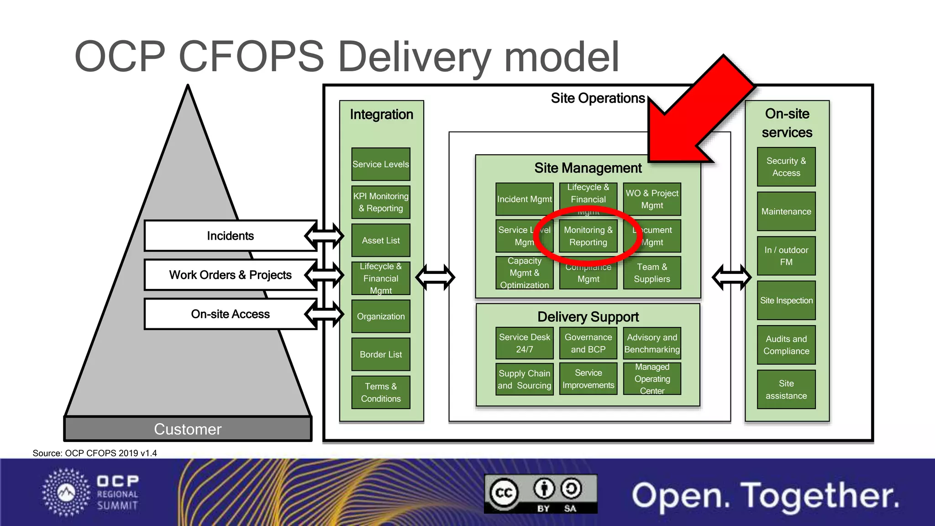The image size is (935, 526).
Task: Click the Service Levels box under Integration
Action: coord(380,164)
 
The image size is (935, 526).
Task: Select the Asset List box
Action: coord(380,240)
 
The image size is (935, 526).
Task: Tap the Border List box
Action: coord(380,354)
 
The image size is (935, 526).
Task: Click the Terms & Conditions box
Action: coord(380,392)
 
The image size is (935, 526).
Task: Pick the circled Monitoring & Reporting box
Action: coord(588,236)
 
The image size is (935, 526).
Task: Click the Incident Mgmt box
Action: coord(524,199)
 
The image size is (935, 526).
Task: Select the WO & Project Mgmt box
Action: coord(651,199)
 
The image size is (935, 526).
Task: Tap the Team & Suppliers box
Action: coord(651,273)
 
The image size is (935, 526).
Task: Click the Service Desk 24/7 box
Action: coord(524,343)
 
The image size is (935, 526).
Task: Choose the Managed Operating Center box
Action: coord(651,379)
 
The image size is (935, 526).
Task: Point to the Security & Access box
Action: coord(786,167)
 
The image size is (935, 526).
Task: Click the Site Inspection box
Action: coord(786,300)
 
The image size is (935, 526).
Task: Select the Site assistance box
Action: coord(786,389)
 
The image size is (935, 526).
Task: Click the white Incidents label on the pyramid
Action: coord(230,236)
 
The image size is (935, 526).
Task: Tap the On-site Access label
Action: coord(230,314)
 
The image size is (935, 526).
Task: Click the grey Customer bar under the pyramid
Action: coord(188,429)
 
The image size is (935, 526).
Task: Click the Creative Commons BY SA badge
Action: coord(541,494)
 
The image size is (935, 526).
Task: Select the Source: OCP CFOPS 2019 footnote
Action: coord(95,453)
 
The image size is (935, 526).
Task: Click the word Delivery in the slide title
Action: coord(414,57)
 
